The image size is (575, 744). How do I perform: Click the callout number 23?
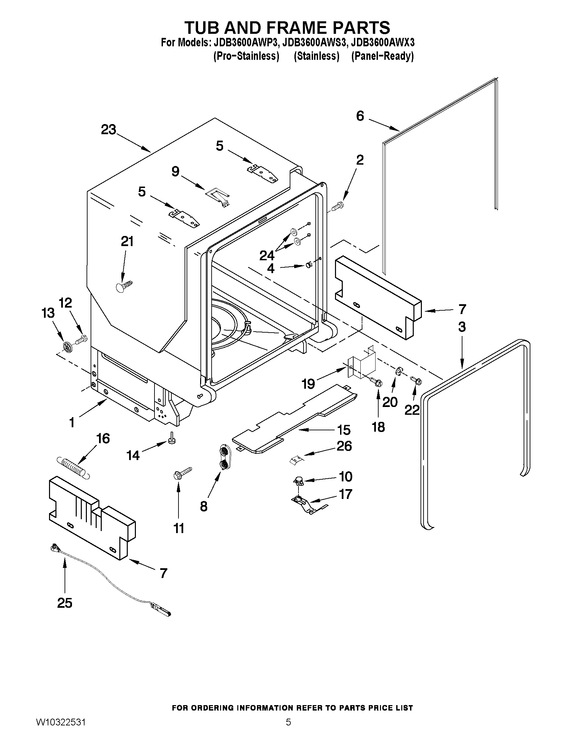108,130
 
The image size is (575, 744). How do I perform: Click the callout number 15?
344,430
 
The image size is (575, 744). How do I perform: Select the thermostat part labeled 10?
298,481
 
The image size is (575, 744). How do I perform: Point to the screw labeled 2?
338,206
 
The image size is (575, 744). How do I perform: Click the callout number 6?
360,116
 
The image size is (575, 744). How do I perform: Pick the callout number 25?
65,603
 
